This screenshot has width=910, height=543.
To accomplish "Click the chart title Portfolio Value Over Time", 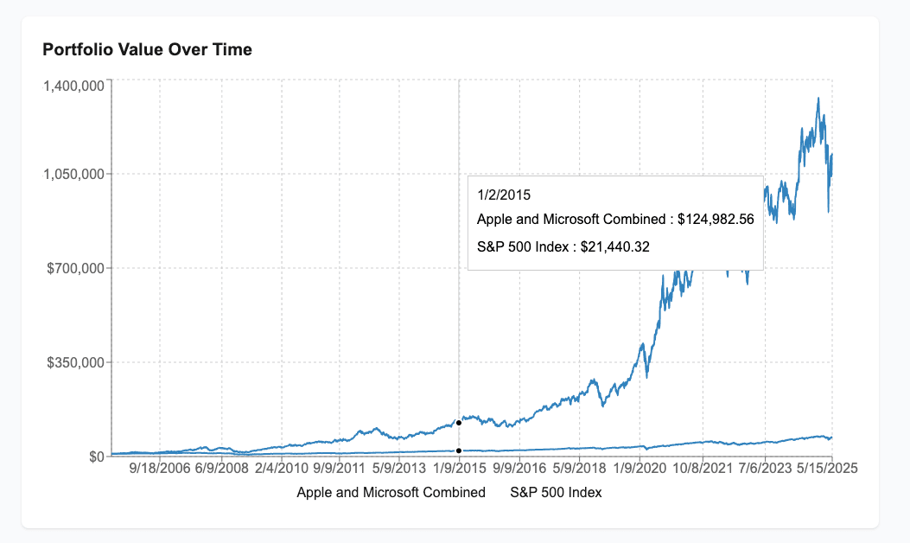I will pos(148,50).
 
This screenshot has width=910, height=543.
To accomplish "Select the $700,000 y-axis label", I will pos(77,268).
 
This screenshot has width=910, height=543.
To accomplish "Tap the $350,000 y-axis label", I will pos(77,362).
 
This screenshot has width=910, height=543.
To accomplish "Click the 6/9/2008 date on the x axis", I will pos(221,468).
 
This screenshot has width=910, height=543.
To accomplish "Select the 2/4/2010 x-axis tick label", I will pos(282,468).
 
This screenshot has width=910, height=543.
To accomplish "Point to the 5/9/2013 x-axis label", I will pos(400,468).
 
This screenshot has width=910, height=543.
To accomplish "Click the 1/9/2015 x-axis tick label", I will pos(460,468).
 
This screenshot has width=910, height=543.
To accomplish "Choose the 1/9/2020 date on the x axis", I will pos(640,468).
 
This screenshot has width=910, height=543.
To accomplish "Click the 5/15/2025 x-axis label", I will pos(819,468).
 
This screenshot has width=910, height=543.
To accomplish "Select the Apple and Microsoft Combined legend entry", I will pos(391,493).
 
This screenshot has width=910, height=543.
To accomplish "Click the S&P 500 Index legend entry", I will pos(556,493).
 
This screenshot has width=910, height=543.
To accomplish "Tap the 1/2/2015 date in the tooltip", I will pos(504,195).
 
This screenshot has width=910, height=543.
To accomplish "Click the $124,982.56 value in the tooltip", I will pos(716,220).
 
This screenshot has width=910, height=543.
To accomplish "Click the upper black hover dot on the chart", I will pos(459,422).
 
